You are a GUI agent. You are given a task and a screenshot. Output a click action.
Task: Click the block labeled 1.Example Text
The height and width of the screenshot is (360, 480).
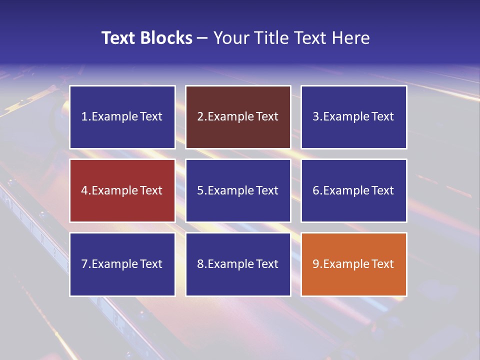coord(122,117)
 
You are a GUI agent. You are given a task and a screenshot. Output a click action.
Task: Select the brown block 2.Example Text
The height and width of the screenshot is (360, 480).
coord(238,117)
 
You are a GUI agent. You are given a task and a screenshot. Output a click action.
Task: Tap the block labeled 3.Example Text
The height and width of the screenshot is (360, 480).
coord(353,117)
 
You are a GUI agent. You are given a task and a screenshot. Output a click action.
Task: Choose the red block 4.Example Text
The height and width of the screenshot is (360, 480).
coord(122,190)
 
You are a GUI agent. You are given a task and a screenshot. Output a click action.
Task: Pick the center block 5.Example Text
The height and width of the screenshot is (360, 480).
coord(238,190)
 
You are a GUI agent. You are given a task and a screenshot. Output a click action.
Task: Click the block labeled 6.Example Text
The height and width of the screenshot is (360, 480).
coord(353,190)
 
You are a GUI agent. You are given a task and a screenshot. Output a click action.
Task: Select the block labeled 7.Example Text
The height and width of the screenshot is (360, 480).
coord(122,264)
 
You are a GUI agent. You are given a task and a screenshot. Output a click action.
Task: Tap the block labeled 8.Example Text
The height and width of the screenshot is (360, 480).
coord(238,264)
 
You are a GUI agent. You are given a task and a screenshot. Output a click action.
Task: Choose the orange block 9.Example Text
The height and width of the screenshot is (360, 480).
coord(353,264)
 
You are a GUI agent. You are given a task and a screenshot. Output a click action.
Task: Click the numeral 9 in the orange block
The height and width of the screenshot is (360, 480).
coord(316,264)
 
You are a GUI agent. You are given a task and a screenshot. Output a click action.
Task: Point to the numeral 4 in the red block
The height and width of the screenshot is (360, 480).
coord(84,190)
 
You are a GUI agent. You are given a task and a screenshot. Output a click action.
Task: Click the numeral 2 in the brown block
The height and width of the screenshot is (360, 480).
coord(200,117)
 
